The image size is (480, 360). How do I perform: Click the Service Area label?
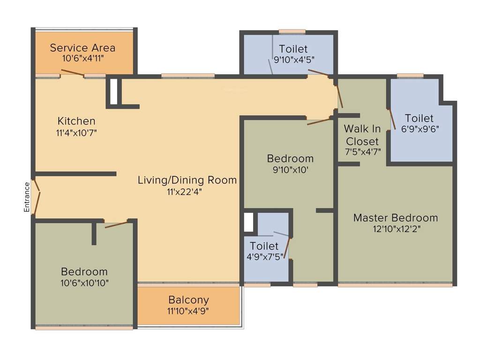[x=82, y=48]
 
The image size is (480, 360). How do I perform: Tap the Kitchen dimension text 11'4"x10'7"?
[x=76, y=132]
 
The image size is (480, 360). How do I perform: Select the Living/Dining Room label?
[x=187, y=180]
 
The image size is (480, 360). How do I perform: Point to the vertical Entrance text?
[x=27, y=197]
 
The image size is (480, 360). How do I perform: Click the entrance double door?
[x=37, y=197]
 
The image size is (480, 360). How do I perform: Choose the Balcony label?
[x=188, y=300]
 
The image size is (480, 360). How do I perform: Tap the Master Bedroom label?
[x=396, y=218]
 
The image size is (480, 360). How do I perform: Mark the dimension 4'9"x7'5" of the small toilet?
[x=264, y=257]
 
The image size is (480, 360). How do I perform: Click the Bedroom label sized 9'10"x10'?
[x=290, y=158]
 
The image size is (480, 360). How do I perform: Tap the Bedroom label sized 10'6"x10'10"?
[x=84, y=272]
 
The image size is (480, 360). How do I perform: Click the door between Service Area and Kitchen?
[x=72, y=73]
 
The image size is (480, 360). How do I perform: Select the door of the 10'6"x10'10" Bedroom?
[x=116, y=225]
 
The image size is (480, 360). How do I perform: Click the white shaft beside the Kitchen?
[x=113, y=91]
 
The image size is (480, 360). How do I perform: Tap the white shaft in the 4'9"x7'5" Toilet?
[x=248, y=222]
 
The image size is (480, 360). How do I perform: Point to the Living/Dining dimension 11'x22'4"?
[x=187, y=191]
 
